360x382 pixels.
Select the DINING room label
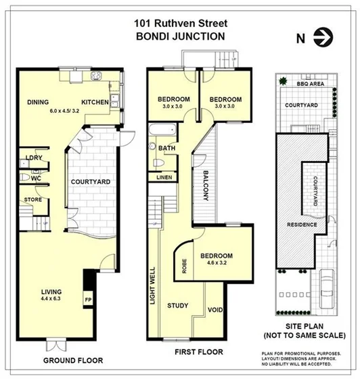click(39, 102)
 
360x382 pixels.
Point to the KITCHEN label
click(99, 103)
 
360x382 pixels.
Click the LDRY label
click(34, 158)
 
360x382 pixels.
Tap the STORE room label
click(34, 200)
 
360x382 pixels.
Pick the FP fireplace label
click(88, 297)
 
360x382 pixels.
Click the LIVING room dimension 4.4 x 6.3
click(51, 298)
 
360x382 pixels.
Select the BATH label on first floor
click(167, 147)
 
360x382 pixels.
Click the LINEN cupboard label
click(164, 178)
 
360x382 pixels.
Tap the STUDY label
click(178, 305)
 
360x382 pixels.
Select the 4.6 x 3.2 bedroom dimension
click(217, 265)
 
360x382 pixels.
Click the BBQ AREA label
click(310, 82)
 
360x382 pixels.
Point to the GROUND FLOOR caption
click(74, 361)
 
